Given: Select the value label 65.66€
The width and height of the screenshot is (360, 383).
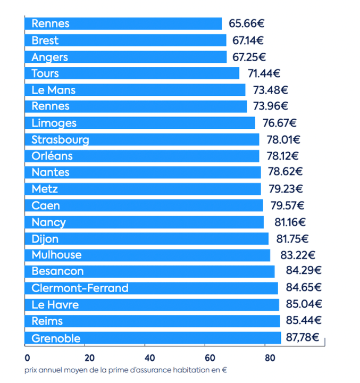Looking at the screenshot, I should click(247, 24).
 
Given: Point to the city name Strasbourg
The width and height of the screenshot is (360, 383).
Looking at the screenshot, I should click(60, 139).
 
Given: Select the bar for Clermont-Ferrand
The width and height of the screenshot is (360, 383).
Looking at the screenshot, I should click(151, 288).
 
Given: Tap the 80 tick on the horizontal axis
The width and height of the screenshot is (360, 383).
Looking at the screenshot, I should click(270, 357).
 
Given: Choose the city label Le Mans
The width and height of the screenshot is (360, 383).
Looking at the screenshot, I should click(53, 90).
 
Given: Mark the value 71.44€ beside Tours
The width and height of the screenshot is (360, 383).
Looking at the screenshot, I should click(264, 73).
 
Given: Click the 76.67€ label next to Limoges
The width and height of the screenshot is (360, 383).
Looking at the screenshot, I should click(279, 123).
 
